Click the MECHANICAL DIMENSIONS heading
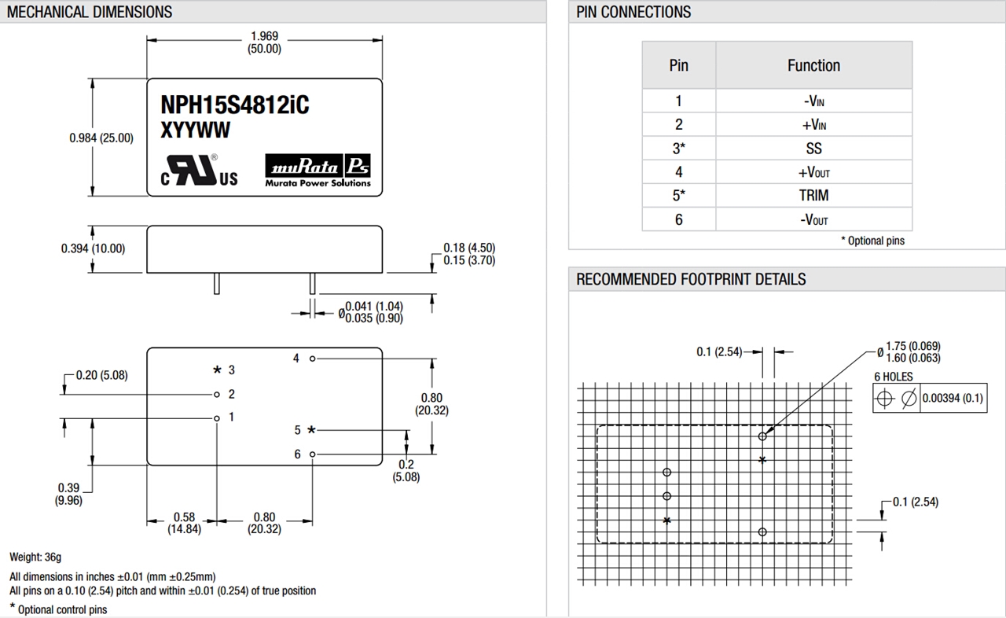[90, 12]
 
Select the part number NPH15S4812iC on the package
[234, 105]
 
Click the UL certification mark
[200, 173]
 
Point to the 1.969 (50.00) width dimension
[264, 42]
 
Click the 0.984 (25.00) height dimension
[101, 138]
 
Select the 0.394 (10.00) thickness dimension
[93, 248]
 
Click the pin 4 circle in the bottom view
[313, 359]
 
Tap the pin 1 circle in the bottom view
[217, 418]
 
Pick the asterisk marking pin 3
[218, 370]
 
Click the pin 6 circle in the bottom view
[313, 454]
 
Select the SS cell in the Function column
[813, 148]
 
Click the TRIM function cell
[813, 195]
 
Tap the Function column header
[813, 65]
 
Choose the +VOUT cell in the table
[813, 171]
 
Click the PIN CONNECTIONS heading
[633, 12]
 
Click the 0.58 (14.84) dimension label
[184, 523]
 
